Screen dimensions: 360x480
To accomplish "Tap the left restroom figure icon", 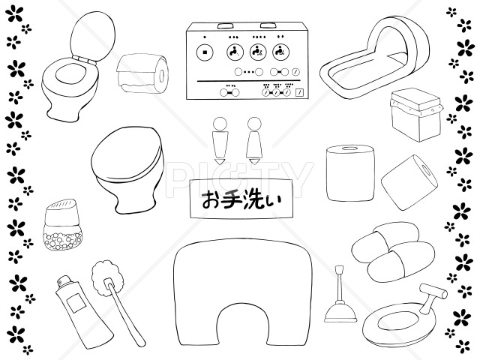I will pos(218,139).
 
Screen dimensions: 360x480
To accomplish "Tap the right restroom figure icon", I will pos(254,139).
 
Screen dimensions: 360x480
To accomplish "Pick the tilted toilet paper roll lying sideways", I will pos(409,179).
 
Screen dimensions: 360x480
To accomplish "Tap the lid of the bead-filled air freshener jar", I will pos(64,208).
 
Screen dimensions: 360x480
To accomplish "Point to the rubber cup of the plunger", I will pos(338,311).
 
